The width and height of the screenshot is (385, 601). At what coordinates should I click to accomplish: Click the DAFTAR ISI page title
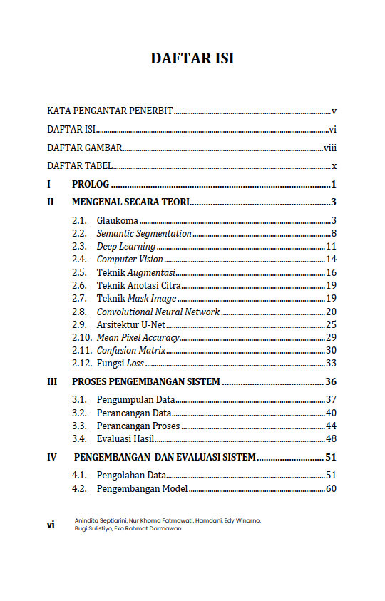click(192, 58)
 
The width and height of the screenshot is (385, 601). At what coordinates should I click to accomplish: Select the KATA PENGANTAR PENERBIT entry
click(110, 111)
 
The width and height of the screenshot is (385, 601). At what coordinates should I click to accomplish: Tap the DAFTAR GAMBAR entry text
click(84, 148)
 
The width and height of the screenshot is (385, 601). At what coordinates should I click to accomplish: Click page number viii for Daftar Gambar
click(330, 148)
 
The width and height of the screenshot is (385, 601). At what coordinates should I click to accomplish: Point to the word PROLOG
click(90, 185)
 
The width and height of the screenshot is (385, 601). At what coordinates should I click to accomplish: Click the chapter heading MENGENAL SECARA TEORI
click(130, 202)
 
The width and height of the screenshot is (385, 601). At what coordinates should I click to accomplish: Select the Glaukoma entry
click(118, 221)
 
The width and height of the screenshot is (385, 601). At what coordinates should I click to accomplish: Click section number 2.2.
click(80, 234)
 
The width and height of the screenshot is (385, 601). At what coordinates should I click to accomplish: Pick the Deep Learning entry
click(126, 247)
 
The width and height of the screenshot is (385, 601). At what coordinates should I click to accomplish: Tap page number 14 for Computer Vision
click(331, 260)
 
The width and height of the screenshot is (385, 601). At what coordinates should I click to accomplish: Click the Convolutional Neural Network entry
click(158, 312)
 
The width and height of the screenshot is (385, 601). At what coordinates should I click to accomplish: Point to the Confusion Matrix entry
click(131, 351)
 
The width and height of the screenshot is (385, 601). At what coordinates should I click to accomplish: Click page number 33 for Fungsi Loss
click(331, 364)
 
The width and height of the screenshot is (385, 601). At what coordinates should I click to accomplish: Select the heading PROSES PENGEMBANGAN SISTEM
click(146, 381)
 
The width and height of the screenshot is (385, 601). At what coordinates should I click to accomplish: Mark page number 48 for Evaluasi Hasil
click(331, 438)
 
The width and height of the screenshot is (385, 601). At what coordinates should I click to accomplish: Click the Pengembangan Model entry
click(142, 489)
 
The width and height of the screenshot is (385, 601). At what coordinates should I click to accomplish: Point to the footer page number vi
click(51, 525)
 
